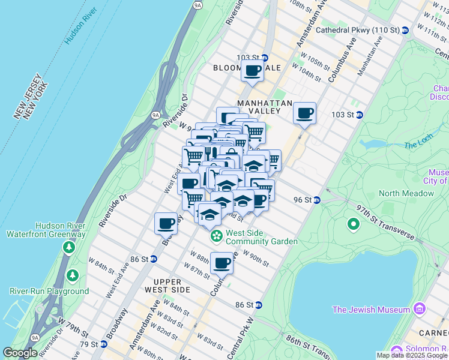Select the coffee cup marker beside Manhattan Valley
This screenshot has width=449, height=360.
[x=304, y=113]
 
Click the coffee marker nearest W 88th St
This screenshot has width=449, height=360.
[x=222, y=262]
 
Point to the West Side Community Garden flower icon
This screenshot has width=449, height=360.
[x=215, y=237]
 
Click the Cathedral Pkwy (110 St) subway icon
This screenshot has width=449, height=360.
[x=405, y=29]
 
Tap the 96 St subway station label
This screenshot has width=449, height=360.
[x=303, y=200]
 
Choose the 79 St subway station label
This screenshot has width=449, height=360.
[x=88, y=344]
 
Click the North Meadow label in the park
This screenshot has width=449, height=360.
[x=406, y=193]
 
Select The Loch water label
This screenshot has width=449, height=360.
[x=418, y=145]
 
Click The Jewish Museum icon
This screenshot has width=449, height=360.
[x=419, y=310]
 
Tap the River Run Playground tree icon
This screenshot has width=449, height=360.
[x=73, y=275]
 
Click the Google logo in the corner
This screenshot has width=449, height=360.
[x=20, y=353]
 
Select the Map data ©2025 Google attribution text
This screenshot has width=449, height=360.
[x=412, y=355]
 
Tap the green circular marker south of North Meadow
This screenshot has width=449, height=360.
[x=354, y=224]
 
